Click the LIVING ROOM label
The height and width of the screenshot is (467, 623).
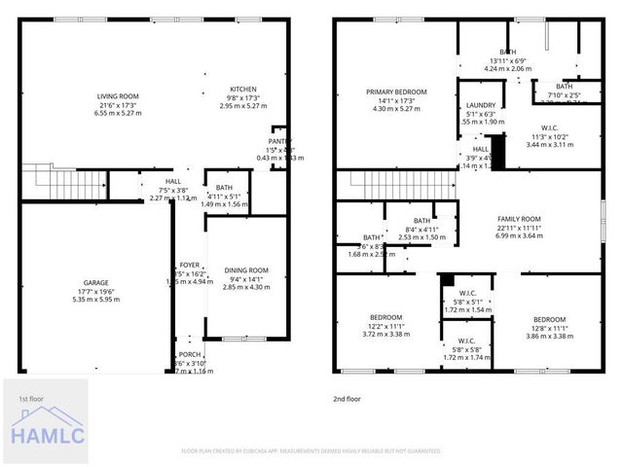click(119, 95)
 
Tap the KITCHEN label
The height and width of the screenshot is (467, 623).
click(242, 88)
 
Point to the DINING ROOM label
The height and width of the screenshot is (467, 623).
click(245, 270)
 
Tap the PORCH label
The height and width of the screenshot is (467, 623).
click(190, 354)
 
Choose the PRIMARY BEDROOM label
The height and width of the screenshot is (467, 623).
click(396, 92)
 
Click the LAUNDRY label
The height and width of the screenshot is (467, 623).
click(481, 105)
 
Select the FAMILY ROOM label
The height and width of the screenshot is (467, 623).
click(519, 219)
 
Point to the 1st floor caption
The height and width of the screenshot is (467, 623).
click(30, 399)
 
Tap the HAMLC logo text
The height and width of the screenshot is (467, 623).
click(48, 437)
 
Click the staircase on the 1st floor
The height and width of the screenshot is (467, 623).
click(63, 179)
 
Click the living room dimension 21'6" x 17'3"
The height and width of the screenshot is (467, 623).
click(119, 104)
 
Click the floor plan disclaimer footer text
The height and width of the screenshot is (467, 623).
click(311, 450)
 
